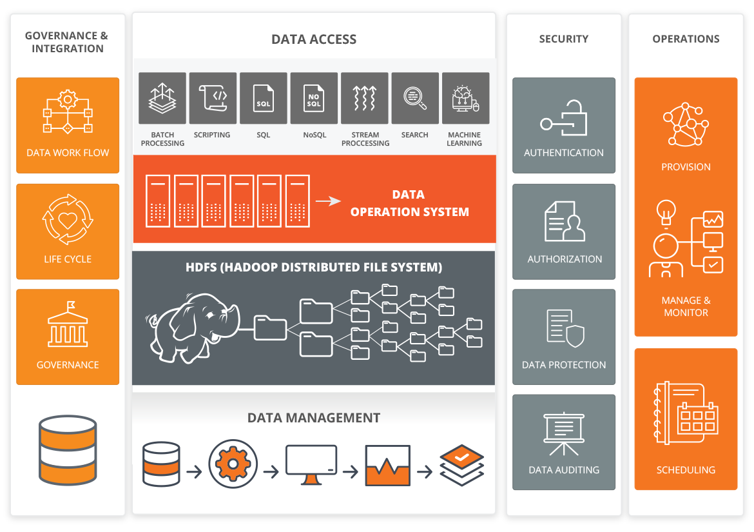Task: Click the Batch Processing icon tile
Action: (x=162, y=98)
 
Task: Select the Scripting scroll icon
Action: (x=213, y=98)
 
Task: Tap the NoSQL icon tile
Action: (x=314, y=98)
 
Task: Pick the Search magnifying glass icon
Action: (x=415, y=98)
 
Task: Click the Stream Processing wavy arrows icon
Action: (x=365, y=98)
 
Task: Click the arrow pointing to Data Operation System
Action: (x=328, y=201)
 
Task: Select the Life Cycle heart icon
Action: (x=68, y=220)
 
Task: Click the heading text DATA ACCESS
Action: (x=314, y=39)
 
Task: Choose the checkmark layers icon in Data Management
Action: (x=461, y=464)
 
